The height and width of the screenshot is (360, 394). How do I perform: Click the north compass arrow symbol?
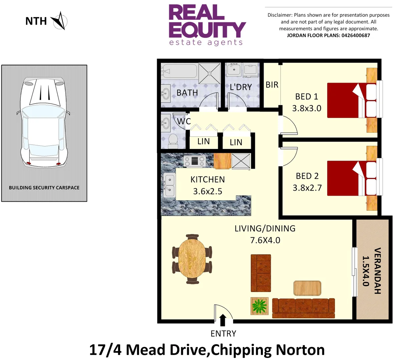(59, 21)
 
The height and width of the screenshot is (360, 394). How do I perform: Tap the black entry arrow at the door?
(223, 320)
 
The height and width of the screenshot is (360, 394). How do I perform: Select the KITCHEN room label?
(208, 180)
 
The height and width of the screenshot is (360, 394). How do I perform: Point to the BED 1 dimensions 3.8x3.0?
(307, 108)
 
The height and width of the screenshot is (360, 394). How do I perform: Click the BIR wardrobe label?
(272, 85)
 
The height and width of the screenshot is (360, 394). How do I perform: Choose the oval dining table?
(192, 259)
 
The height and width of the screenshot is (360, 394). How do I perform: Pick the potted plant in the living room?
(259, 306)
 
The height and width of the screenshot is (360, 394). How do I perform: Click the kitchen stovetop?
(194, 161)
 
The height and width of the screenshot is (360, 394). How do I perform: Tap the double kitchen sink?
(169, 186)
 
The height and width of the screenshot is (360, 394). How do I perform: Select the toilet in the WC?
(173, 141)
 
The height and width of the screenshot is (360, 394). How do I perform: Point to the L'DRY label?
(241, 87)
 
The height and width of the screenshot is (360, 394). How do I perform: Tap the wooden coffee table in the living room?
(307, 288)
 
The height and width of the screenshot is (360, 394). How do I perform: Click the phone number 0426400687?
(356, 35)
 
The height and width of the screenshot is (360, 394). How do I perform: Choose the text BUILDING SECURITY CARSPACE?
(44, 188)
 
